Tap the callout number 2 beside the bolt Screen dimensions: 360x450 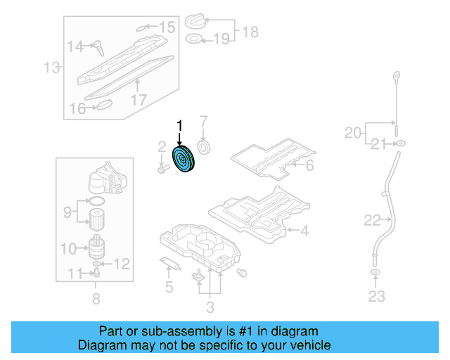(161, 147)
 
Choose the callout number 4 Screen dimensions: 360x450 (304, 230)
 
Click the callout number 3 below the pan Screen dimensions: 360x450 (210, 307)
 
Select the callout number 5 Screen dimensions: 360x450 (169, 287)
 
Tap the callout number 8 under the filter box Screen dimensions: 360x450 (96, 300)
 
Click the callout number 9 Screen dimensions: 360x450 (68, 210)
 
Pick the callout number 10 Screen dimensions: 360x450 (68, 247)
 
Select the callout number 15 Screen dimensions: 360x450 (166, 27)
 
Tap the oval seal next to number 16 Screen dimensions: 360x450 (103, 105)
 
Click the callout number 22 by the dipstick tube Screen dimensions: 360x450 (373, 221)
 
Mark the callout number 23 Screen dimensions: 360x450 (377, 296)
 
